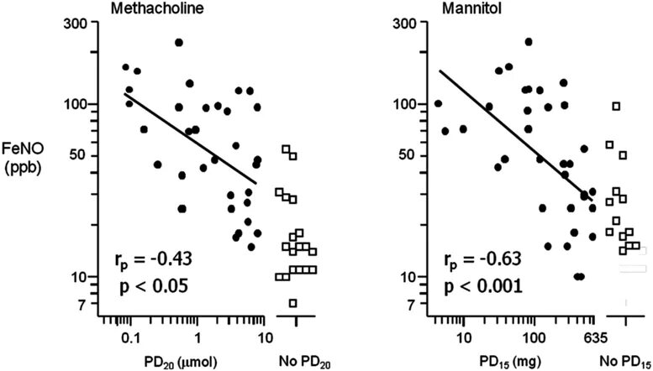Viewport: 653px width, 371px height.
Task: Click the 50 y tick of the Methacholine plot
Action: click(x=87, y=155)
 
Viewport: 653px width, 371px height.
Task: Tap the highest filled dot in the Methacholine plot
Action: click(x=179, y=43)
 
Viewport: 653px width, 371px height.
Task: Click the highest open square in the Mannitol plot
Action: click(x=616, y=106)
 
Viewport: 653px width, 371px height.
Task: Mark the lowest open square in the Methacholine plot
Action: click(x=293, y=303)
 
